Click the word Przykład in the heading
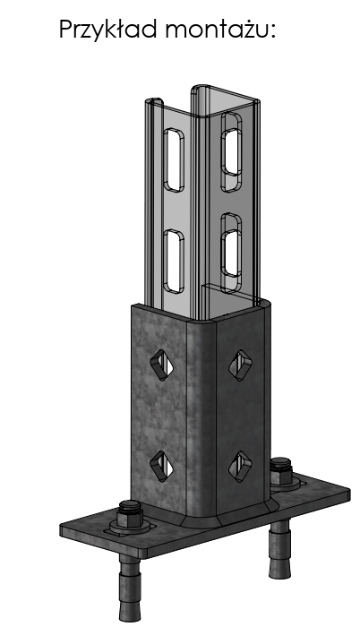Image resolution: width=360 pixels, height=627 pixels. click(x=107, y=30)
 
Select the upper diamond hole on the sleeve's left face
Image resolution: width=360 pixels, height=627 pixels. click(x=162, y=365)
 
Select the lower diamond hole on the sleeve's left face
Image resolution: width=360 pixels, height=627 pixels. click(x=162, y=466)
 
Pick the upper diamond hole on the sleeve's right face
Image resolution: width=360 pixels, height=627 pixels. click(x=240, y=365)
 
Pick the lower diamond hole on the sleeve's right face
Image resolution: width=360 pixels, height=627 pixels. click(x=240, y=467)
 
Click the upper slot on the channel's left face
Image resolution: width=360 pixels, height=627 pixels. click(x=174, y=159)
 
